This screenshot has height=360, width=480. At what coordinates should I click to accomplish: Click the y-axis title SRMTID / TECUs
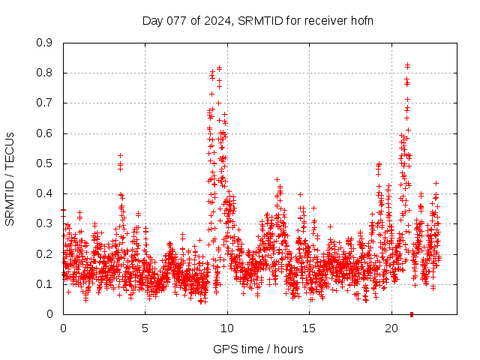(10, 178)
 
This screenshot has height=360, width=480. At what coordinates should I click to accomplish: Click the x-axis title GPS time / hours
(258, 349)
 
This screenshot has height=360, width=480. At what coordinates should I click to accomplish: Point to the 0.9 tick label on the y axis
(46, 43)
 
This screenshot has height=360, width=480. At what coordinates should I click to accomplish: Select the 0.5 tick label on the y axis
(46, 163)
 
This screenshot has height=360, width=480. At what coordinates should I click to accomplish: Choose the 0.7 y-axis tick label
(46, 103)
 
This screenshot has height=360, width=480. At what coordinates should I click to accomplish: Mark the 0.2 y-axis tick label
(46, 253)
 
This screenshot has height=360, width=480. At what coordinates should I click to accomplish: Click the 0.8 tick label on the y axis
(46, 73)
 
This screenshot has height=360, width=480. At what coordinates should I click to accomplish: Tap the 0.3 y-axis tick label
(46, 223)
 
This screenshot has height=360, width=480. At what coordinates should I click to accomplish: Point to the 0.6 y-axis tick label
(46, 133)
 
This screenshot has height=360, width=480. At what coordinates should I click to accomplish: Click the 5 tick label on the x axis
(145, 328)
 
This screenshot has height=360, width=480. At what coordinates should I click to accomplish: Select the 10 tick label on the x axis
(227, 328)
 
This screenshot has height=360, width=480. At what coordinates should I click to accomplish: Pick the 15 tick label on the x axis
(310, 328)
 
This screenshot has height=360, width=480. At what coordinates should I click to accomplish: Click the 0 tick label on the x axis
(63, 328)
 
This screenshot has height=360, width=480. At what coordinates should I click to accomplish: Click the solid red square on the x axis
(411, 314)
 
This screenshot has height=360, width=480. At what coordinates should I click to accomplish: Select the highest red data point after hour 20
(407, 65)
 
